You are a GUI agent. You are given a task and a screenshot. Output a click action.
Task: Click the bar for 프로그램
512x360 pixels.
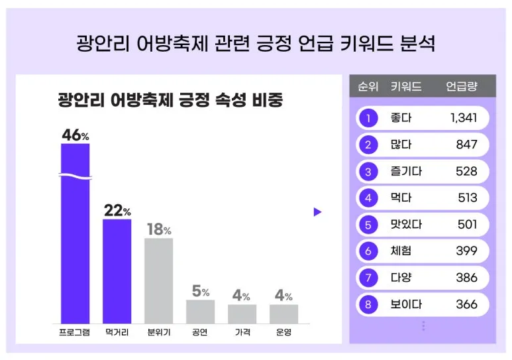(x=75, y=232)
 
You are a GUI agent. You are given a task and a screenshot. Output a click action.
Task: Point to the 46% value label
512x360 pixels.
(x=75, y=135)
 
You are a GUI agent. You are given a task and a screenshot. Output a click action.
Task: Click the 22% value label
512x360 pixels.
(x=117, y=211)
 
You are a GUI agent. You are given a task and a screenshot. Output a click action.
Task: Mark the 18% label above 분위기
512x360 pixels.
(x=158, y=229)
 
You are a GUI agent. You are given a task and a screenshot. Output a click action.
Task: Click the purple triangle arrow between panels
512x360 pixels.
(x=317, y=212)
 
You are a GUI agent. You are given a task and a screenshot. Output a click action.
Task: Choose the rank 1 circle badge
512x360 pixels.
(x=368, y=119)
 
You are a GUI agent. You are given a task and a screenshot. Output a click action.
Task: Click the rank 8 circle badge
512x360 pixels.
(x=368, y=305)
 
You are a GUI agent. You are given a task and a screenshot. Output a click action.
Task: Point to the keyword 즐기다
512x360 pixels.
(x=406, y=172)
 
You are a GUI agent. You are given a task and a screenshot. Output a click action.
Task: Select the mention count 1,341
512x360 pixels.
(x=463, y=119)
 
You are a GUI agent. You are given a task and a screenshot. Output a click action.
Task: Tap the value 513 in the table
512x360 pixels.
(x=467, y=198)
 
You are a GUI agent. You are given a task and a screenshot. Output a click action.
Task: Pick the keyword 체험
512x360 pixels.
(x=401, y=251)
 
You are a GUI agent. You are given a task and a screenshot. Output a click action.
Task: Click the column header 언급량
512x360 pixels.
(x=461, y=87)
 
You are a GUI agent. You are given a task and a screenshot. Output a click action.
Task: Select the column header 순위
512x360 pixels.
(x=368, y=87)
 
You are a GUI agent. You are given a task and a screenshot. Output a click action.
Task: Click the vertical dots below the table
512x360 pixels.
(x=423, y=326)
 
